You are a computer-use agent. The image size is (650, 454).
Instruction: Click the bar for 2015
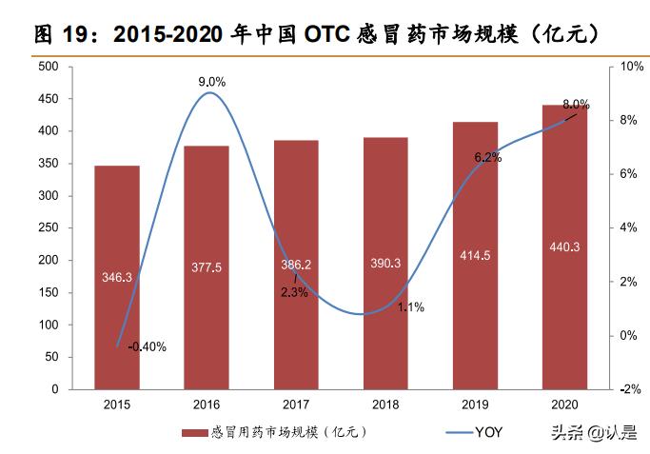click(x=117, y=277)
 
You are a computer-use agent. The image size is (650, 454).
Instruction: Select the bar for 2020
click(x=565, y=247)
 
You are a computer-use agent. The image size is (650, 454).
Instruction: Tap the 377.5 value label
click(x=207, y=268)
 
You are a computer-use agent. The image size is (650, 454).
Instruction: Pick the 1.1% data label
click(x=410, y=307)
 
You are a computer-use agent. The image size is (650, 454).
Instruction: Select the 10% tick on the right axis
click(x=632, y=67)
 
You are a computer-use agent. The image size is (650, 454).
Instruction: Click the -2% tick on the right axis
click(x=632, y=389)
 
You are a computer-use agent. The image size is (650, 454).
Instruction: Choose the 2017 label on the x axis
click(x=296, y=405)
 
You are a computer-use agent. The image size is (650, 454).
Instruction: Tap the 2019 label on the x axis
click(x=475, y=405)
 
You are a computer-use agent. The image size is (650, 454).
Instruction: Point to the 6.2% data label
click(x=487, y=157)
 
